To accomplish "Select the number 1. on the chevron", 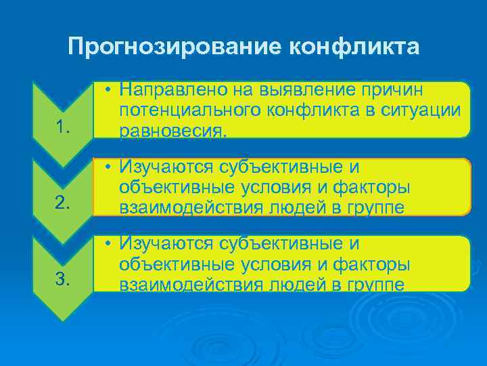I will [x=64, y=127].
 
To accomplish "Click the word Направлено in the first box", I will [x=169, y=90].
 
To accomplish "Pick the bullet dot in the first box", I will [x=108, y=90].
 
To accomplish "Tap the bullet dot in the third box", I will [x=108, y=243].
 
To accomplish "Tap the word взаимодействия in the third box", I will [x=189, y=284].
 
